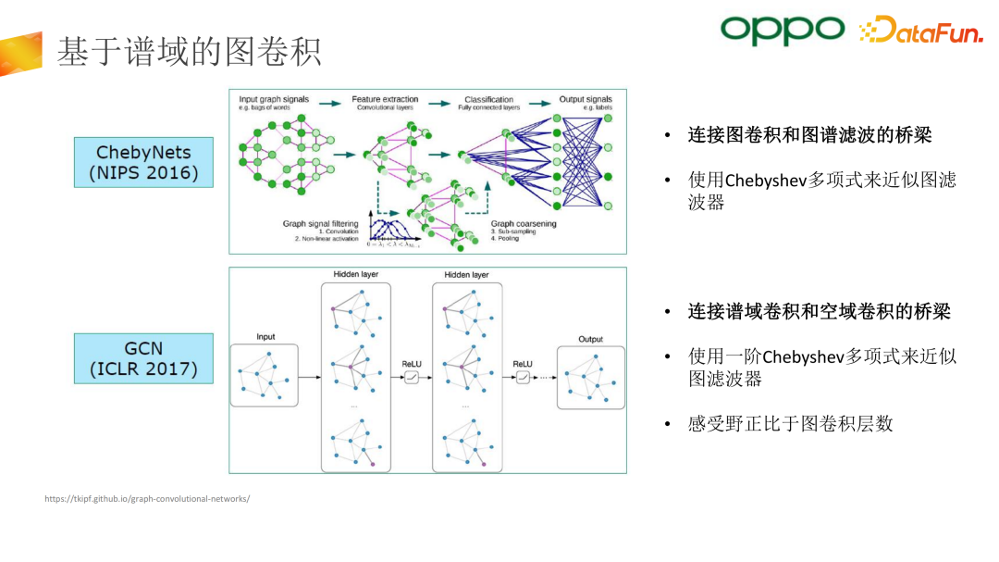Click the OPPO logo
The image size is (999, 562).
[782, 30]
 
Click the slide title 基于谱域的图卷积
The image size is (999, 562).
[189, 52]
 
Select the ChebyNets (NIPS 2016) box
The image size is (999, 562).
[143, 162]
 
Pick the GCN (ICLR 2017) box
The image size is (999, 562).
[143, 358]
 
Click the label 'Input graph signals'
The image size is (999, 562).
[274, 99]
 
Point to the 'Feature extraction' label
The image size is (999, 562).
[385, 99]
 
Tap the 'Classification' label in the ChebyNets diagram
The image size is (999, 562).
[488, 99]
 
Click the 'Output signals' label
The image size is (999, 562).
[586, 99]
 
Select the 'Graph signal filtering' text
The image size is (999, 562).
[320, 223]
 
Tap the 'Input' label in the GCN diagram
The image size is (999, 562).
[265, 337]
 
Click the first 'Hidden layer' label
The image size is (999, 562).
[356, 275]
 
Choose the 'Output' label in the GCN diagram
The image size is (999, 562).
[590, 339]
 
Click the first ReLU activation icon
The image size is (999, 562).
[412, 377]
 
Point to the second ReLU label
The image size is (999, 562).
[523, 364]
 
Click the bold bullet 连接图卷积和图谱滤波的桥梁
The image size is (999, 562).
[809, 135]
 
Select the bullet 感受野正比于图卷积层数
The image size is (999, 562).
[791, 424]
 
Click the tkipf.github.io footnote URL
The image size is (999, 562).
[147, 499]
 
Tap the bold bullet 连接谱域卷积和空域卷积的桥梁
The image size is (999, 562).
[819, 311]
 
